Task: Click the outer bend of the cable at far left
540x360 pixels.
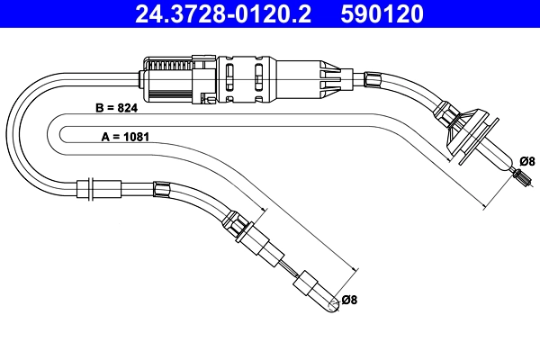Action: click(x=12, y=135)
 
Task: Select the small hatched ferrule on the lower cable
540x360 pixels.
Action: click(x=163, y=189)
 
